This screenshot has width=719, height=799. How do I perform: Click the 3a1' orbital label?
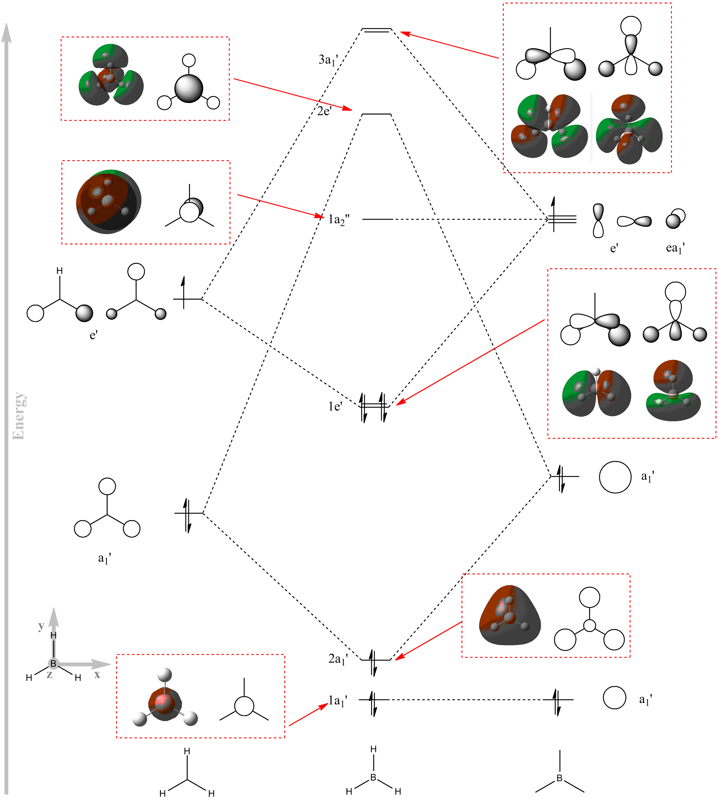click(328, 60)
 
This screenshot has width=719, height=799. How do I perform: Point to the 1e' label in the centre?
click(335, 406)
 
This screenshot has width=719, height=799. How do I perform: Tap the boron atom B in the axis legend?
click(53, 664)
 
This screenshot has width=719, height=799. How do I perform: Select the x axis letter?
click(97, 674)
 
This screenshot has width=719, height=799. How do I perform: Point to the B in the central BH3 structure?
click(373, 777)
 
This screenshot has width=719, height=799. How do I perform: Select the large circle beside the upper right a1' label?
click(615, 477)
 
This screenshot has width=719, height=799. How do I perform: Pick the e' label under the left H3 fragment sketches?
click(94, 335)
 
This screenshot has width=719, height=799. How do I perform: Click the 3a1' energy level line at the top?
click(377, 30)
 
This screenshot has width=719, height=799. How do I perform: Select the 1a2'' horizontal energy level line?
click(377, 219)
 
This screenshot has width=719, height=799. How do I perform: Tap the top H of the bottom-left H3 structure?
click(187, 751)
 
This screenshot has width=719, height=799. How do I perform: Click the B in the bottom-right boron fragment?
click(559, 778)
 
